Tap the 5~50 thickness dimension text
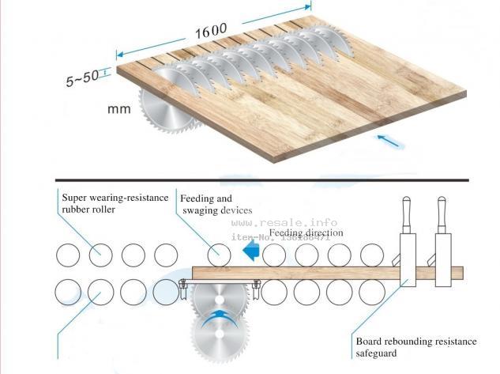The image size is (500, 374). point(83,77)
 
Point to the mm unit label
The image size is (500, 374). point(118,109)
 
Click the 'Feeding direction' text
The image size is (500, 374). point(306,233)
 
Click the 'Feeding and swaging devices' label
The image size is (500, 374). point(216,205)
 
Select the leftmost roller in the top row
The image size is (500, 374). point(68,255)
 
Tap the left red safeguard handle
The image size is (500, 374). point(408,213)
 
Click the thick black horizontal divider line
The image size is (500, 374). point(261,180)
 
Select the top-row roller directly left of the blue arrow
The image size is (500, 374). point(219,255)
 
